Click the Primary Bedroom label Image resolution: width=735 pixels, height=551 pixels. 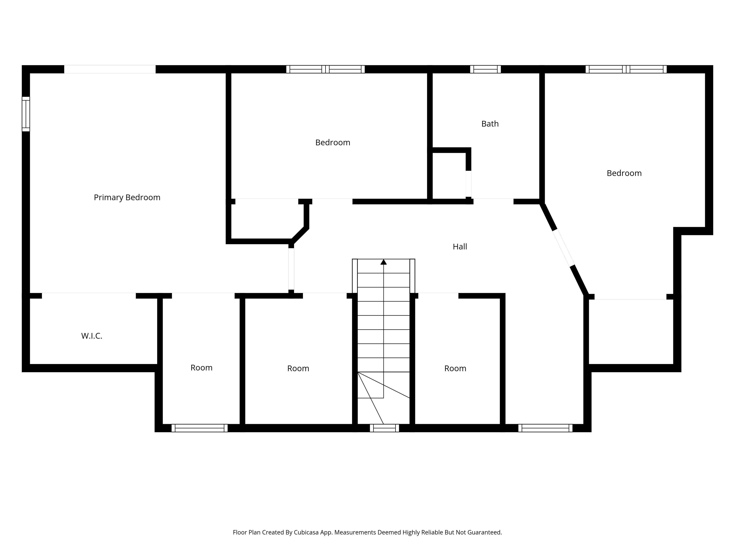[x=127, y=198]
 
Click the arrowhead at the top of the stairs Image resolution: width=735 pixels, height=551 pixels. [x=383, y=262]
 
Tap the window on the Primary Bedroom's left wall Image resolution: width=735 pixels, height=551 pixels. [x=26, y=114]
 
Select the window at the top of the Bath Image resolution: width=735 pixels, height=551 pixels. [x=485, y=69]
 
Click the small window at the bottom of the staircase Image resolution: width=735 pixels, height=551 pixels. [x=385, y=428]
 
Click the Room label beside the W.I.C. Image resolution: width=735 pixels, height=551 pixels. [x=201, y=368]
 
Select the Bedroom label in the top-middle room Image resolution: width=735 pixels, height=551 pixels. [x=333, y=143]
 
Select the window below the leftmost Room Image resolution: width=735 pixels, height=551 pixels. [x=200, y=428]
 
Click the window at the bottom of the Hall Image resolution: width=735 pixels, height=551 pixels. [x=545, y=428]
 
